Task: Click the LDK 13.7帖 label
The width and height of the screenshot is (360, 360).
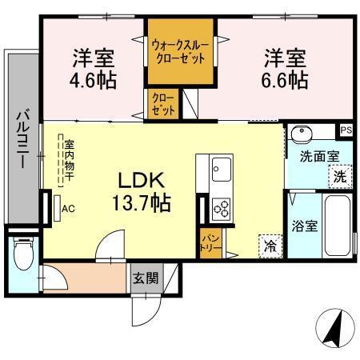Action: pos(144,190)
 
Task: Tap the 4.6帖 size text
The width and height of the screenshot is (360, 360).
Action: pos(92,81)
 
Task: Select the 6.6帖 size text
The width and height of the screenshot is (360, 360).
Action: pos(285,81)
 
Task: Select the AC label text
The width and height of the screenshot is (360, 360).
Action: pos(68,209)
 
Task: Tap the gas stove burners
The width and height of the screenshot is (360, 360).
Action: pos(221,208)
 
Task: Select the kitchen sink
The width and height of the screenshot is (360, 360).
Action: pos(221,170)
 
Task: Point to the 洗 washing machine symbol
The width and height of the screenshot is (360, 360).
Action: pos(339,176)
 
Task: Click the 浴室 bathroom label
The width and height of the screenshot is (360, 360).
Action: pos(304,226)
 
